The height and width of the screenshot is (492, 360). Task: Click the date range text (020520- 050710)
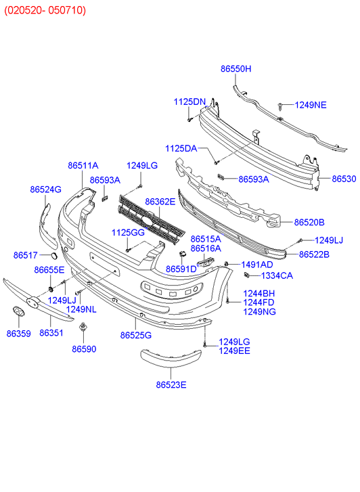46,10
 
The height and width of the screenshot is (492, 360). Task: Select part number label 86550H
235,69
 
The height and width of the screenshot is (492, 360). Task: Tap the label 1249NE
311,105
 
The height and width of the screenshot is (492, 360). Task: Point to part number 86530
343,179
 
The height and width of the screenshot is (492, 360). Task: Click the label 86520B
309,222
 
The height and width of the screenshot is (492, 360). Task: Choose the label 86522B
314,254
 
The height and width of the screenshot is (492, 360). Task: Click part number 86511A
83,165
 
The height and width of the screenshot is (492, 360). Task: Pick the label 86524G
45,189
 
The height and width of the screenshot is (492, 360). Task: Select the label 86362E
159,202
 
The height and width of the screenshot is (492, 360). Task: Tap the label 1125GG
129,233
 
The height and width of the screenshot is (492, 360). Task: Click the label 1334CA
277,275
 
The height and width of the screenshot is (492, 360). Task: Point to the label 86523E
171,385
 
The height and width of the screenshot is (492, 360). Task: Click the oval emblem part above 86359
18,311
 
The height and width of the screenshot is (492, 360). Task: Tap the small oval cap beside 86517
51,255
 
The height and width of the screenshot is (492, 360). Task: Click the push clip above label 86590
83,330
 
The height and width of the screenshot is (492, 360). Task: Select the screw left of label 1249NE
279,106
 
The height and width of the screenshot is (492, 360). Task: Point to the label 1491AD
257,265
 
